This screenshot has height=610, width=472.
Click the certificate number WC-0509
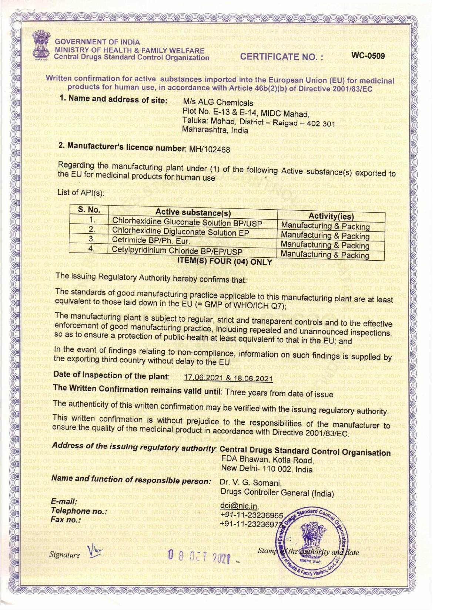(368, 56)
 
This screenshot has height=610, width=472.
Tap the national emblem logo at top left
(40, 47)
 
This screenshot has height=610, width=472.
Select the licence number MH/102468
(210, 149)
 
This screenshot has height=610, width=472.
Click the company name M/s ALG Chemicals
(218, 102)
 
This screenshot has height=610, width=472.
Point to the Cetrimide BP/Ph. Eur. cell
(151, 241)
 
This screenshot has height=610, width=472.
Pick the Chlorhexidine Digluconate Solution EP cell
(180, 232)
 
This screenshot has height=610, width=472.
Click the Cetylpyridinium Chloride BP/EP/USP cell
(177, 251)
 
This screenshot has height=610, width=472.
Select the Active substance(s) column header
(193, 213)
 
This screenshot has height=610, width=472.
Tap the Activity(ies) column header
(331, 217)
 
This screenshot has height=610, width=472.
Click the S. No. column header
(89, 210)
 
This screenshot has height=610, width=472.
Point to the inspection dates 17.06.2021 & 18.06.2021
(228, 379)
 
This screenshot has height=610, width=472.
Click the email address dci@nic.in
(239, 506)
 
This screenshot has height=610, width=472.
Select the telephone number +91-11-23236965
(251, 515)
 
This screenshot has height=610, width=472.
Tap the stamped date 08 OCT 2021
(199, 555)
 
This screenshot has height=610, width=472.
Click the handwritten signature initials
(95, 552)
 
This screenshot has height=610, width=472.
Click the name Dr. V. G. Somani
(251, 483)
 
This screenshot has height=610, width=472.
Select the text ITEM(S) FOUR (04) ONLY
(225, 261)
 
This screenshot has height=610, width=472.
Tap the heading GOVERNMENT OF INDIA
(97, 42)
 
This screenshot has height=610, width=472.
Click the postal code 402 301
(321, 123)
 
